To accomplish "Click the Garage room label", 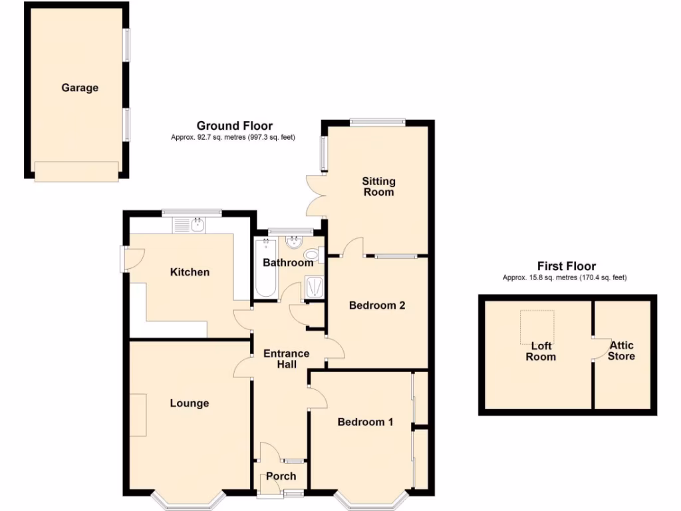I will pyautogui.click(x=80, y=87).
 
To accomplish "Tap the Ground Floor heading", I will pyautogui.click(x=234, y=126).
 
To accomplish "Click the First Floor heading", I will pyautogui.click(x=567, y=266).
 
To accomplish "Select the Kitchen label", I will pyautogui.click(x=190, y=272).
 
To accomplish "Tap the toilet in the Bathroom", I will pyautogui.click(x=311, y=254).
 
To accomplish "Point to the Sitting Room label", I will pyautogui.click(x=378, y=186).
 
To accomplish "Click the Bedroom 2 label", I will pyautogui.click(x=377, y=305).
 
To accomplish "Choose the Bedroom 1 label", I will pyautogui.click(x=365, y=422).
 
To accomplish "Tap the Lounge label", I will pyautogui.click(x=189, y=403).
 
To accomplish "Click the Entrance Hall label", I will pyautogui.click(x=286, y=359).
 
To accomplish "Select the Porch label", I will pyautogui.click(x=281, y=476).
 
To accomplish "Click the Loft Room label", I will pyautogui.click(x=541, y=351).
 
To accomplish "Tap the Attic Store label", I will pyautogui.click(x=622, y=351).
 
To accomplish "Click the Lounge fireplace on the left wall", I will pyautogui.click(x=138, y=415).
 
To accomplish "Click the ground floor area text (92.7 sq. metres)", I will pyautogui.click(x=232, y=137).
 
